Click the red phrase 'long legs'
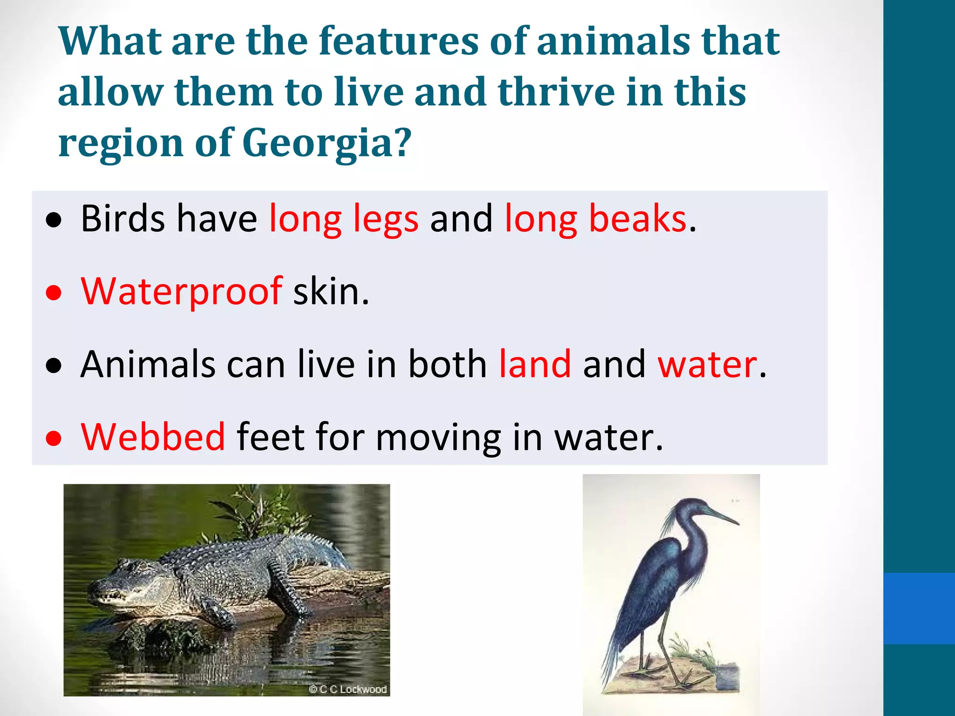pyautogui.click(x=344, y=219)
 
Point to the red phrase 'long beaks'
pyautogui.click(x=595, y=219)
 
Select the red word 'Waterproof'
pyautogui.click(x=181, y=292)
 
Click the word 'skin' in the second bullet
pyautogui.click(x=330, y=292)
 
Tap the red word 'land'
pyautogui.click(x=535, y=365)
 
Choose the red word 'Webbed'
pyautogui.click(x=153, y=437)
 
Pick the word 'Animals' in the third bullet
pyautogui.click(x=148, y=365)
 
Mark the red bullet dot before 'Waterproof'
pyautogui.click(x=54, y=293)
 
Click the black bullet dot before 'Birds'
pyautogui.click(x=54, y=220)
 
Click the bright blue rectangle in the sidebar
pyautogui.click(x=919, y=608)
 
